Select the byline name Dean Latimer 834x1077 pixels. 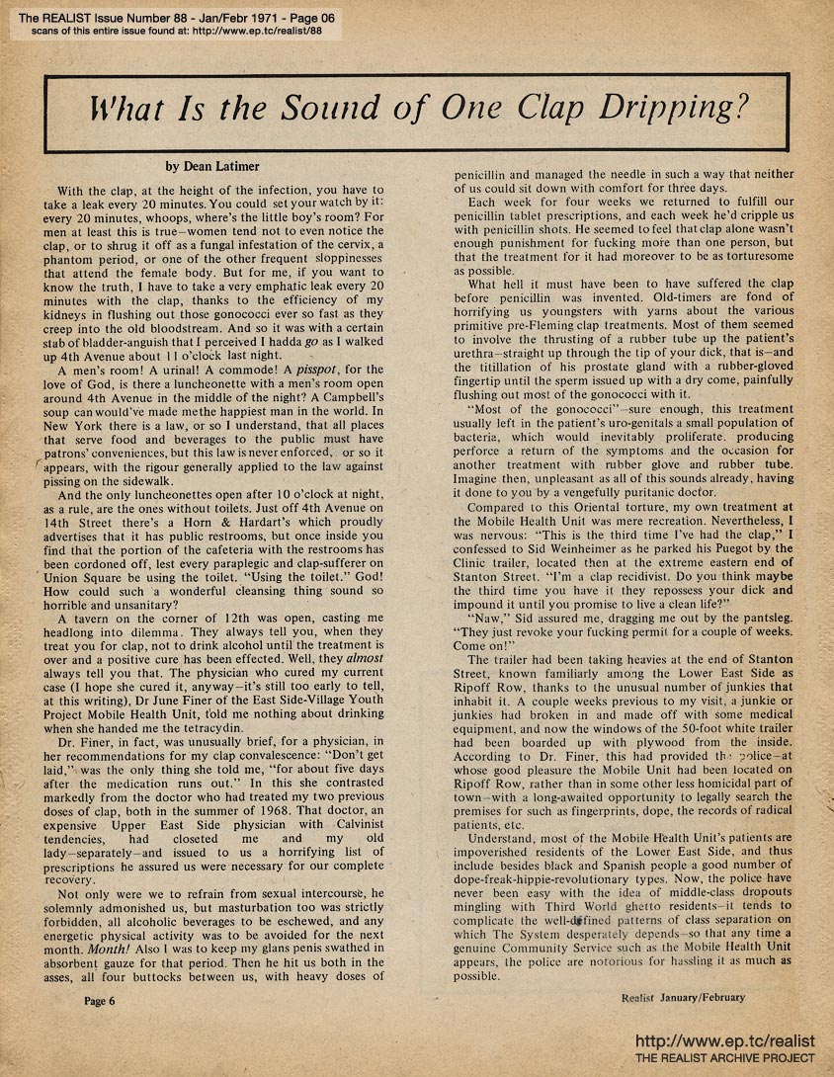tap(215, 167)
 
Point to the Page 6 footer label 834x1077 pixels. tap(100, 1001)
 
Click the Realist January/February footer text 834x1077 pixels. tap(684, 997)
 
